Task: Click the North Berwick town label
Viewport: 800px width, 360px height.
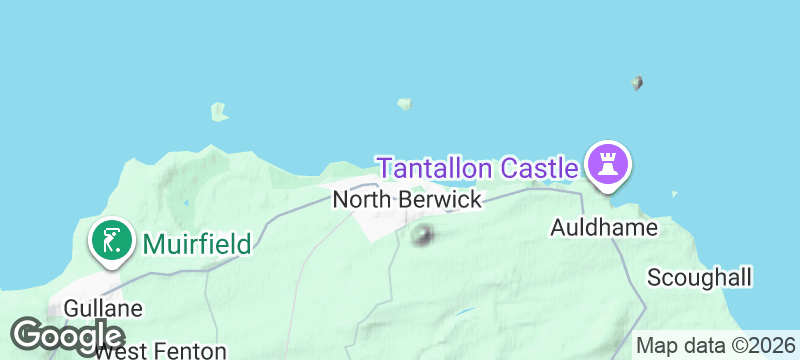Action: tap(406, 200)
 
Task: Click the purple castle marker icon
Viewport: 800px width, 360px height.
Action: tap(606, 161)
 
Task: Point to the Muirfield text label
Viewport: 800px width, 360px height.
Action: tap(196, 242)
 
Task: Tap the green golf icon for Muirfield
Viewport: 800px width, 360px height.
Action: tap(110, 240)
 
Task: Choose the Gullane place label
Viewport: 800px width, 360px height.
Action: tap(101, 309)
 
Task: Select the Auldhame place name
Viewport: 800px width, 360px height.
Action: tap(604, 228)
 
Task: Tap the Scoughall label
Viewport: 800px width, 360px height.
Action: tap(699, 277)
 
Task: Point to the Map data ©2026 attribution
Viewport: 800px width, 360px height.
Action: tap(715, 346)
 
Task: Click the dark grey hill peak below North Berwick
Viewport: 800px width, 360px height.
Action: tap(423, 236)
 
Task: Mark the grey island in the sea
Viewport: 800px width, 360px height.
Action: tap(637, 83)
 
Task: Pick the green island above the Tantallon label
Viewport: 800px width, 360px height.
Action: tap(405, 103)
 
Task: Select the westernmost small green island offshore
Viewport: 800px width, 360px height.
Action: tap(218, 111)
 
